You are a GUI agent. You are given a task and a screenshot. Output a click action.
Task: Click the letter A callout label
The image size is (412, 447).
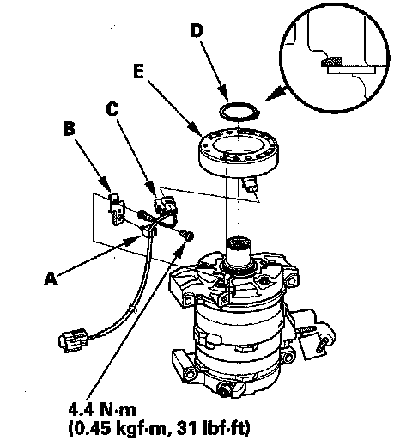click(x=51, y=279)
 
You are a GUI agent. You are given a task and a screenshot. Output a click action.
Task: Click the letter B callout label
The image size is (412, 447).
click(x=70, y=128)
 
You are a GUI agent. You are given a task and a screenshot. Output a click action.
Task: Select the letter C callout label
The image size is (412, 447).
click(x=112, y=109)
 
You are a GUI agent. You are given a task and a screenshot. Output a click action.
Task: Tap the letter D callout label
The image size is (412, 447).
click(x=197, y=30)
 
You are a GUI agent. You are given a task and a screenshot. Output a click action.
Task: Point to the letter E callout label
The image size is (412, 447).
click(x=138, y=71)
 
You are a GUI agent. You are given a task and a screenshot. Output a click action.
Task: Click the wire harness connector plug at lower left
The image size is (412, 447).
click(x=73, y=340)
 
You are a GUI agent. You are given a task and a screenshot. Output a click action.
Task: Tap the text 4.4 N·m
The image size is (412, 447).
click(x=102, y=410)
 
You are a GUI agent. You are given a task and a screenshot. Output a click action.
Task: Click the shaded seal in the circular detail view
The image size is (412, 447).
click(x=332, y=62)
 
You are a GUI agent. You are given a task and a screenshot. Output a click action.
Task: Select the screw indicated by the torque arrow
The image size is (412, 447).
click(x=187, y=235)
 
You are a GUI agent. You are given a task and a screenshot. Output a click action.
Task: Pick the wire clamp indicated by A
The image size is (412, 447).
click(x=149, y=231)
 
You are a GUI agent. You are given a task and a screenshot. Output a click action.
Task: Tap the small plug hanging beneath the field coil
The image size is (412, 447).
click(x=250, y=185)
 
